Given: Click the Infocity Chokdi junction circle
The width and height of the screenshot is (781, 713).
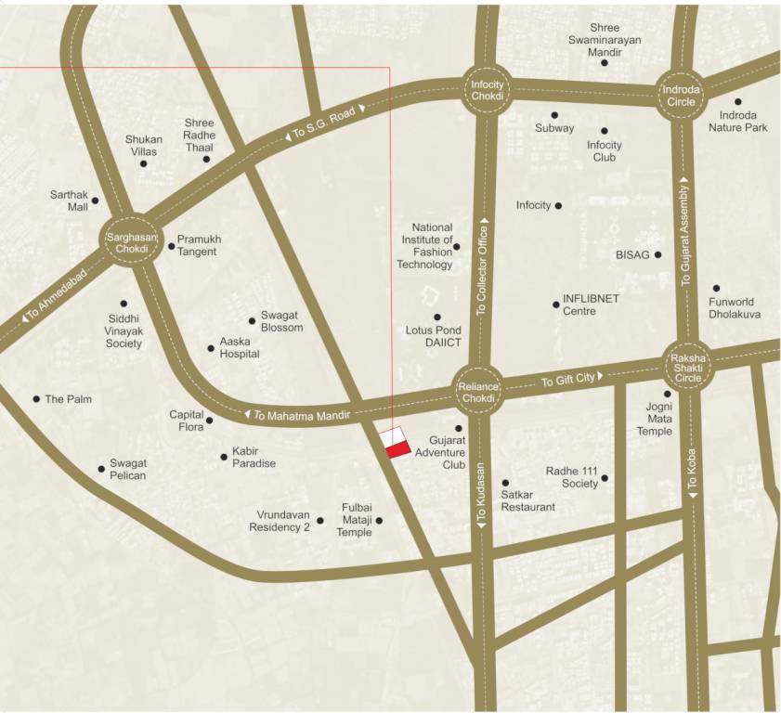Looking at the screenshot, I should pos(487,91).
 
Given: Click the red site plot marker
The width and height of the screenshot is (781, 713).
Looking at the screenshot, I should pos(397,450).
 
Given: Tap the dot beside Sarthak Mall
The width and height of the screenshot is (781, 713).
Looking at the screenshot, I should pos(95,201).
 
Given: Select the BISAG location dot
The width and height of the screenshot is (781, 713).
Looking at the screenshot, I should pos(658,254).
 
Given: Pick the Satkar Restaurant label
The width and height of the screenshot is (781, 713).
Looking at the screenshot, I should pos(527,500).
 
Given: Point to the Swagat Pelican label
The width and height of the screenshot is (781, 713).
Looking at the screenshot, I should pos(127,469).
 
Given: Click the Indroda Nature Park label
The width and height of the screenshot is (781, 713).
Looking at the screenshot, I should pos(738,121).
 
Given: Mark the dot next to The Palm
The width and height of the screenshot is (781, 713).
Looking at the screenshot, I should pos(36,399).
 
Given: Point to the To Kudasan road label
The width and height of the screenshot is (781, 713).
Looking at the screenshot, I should pos(481,496).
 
